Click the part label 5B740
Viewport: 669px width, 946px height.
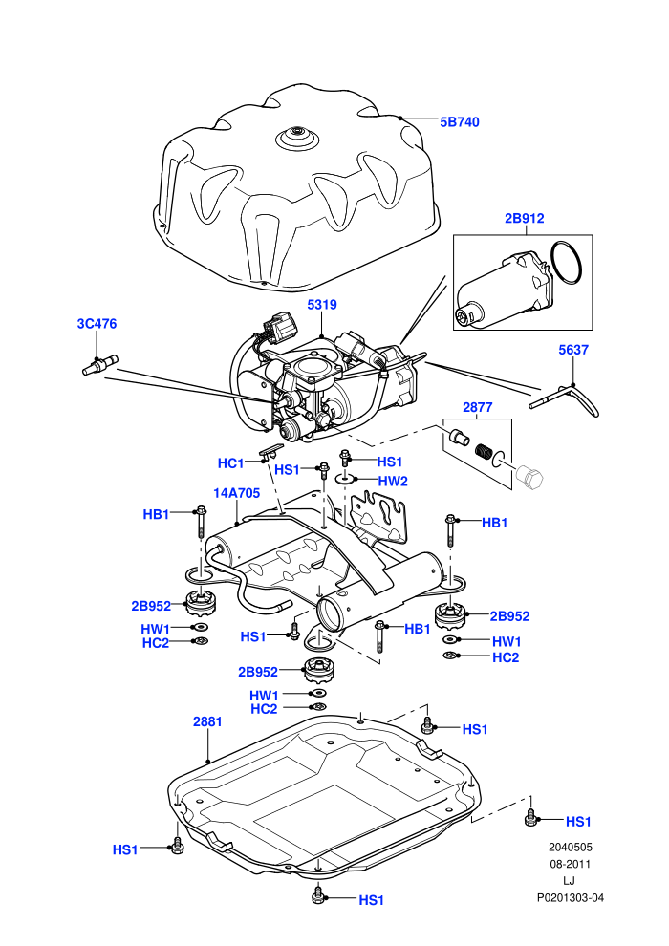pos(459,122)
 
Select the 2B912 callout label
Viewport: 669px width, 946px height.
pos(525,218)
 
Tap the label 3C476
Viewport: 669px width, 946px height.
pos(97,323)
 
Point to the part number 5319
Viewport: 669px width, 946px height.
pos(322,305)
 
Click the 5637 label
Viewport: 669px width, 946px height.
pos(573,350)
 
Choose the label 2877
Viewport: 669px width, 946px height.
pos(477,407)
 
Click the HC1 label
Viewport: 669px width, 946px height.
pos(230,463)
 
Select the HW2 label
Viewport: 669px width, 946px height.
pos(393,482)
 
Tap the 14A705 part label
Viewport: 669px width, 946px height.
pos(236,493)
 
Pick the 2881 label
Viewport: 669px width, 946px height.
pos(207,721)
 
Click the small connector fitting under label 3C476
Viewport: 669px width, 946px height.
pos(99,366)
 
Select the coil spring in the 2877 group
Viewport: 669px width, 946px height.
pos(484,451)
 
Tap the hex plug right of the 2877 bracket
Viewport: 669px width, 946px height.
pos(529,477)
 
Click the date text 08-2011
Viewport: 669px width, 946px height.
pos(570,864)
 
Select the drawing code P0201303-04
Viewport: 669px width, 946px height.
pos(570,897)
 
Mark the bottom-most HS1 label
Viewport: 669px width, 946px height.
pos(371,900)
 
